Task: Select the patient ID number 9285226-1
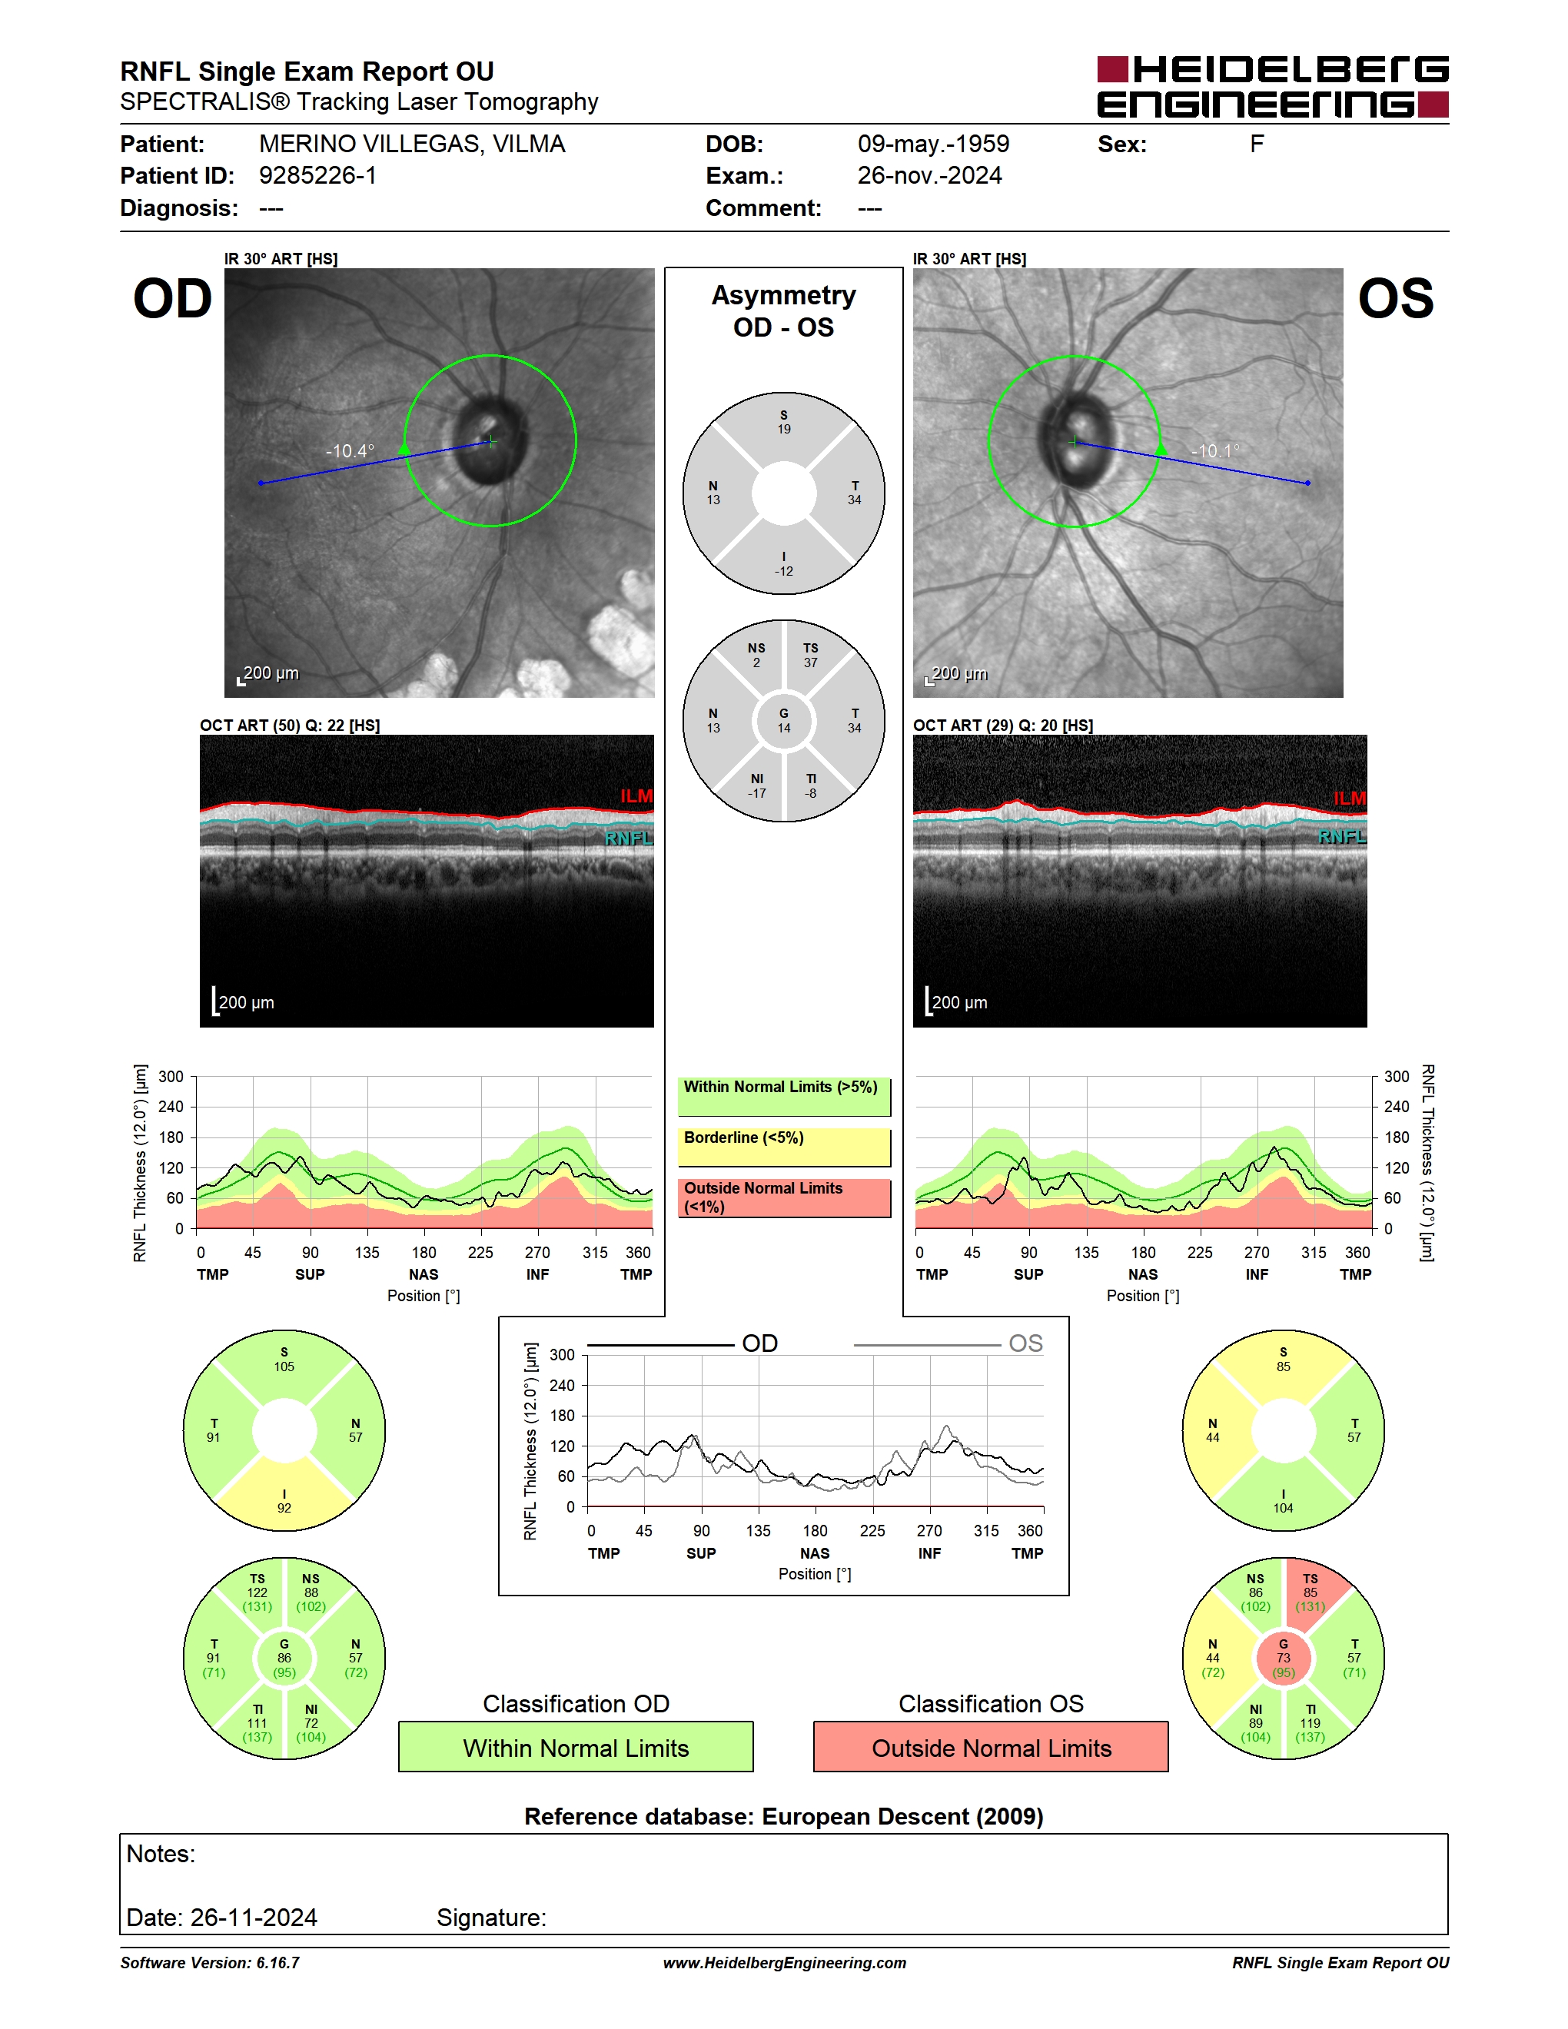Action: pyautogui.click(x=317, y=175)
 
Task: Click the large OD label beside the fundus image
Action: pyautogui.click(x=173, y=298)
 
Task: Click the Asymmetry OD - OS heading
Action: pyautogui.click(x=784, y=311)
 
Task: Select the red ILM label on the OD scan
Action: pyautogui.click(x=636, y=796)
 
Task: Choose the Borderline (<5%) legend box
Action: pyautogui.click(x=784, y=1147)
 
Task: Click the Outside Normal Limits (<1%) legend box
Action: pyautogui.click(x=784, y=1197)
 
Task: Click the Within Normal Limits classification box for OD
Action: pyautogui.click(x=576, y=1747)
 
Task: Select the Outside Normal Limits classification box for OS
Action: pyautogui.click(x=992, y=1747)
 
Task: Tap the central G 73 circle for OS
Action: pyautogui.click(x=1284, y=1659)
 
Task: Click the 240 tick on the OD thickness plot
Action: pyautogui.click(x=171, y=1107)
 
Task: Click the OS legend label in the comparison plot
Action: pyautogui.click(x=1025, y=1343)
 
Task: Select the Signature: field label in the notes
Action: pyautogui.click(x=491, y=1918)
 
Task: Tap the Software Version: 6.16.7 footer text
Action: pyautogui.click(x=210, y=1963)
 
